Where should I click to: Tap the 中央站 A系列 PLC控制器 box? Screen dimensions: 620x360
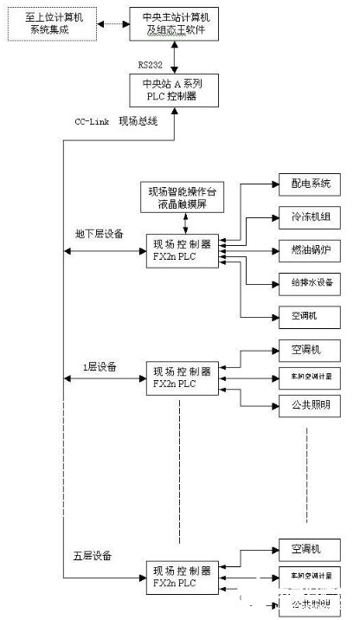tap(175, 89)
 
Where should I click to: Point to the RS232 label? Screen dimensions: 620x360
tap(152, 62)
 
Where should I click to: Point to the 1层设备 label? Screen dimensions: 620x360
tap(100, 366)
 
